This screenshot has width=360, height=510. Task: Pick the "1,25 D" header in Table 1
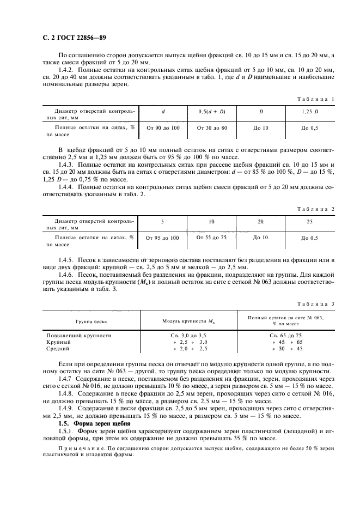point(310,112)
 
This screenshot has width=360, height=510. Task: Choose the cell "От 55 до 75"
point(211,238)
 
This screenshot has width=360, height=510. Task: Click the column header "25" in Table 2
point(310,222)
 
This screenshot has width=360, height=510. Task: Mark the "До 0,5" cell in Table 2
point(310,238)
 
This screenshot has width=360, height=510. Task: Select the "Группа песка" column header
point(91,321)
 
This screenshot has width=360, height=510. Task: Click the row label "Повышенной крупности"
point(79,336)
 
